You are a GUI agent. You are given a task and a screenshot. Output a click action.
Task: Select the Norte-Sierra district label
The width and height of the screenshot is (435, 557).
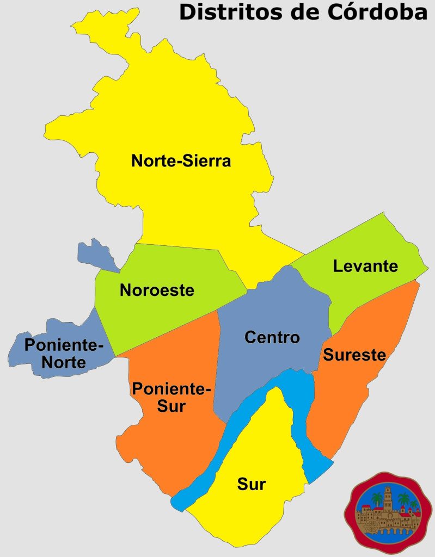pos(181,161)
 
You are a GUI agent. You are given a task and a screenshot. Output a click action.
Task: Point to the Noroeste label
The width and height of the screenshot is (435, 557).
pos(157,290)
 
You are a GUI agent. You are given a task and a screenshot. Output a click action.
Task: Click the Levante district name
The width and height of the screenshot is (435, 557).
pos(365,267)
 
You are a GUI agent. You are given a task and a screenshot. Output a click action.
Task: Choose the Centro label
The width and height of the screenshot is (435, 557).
pos(272,337)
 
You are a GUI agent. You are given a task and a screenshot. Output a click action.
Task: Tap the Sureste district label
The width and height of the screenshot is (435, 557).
pos(354,355)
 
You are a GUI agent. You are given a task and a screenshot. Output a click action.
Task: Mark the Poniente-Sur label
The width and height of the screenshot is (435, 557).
pos(171,397)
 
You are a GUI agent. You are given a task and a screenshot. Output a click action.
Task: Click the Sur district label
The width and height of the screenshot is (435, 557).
pos(251,484)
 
